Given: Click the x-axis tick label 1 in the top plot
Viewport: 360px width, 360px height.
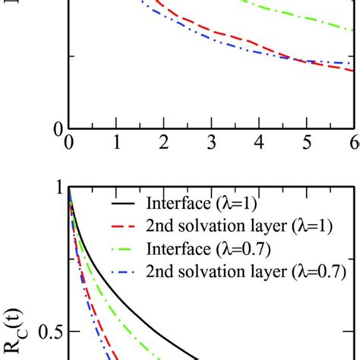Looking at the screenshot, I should pyautogui.click(x=116, y=142).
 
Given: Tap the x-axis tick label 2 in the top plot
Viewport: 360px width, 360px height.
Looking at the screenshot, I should pyautogui.click(x=164, y=142).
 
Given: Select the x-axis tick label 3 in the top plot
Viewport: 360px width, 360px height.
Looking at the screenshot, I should pyautogui.click(x=211, y=142).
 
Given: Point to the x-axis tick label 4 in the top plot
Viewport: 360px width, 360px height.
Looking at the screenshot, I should pyautogui.click(x=259, y=142).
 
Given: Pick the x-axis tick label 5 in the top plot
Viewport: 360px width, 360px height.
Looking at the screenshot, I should pyautogui.click(x=307, y=142).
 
